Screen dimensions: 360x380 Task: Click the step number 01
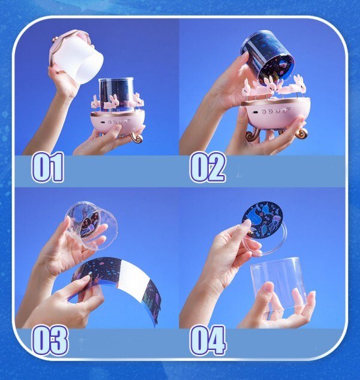(48, 167)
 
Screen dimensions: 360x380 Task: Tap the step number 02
(208, 167)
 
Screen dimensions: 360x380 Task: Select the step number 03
(50, 340)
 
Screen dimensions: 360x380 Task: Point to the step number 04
(208, 340)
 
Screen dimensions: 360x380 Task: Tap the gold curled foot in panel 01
(137, 138)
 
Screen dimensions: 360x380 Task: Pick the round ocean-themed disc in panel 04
(262, 220)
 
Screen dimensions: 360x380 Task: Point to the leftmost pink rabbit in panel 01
(95, 102)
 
